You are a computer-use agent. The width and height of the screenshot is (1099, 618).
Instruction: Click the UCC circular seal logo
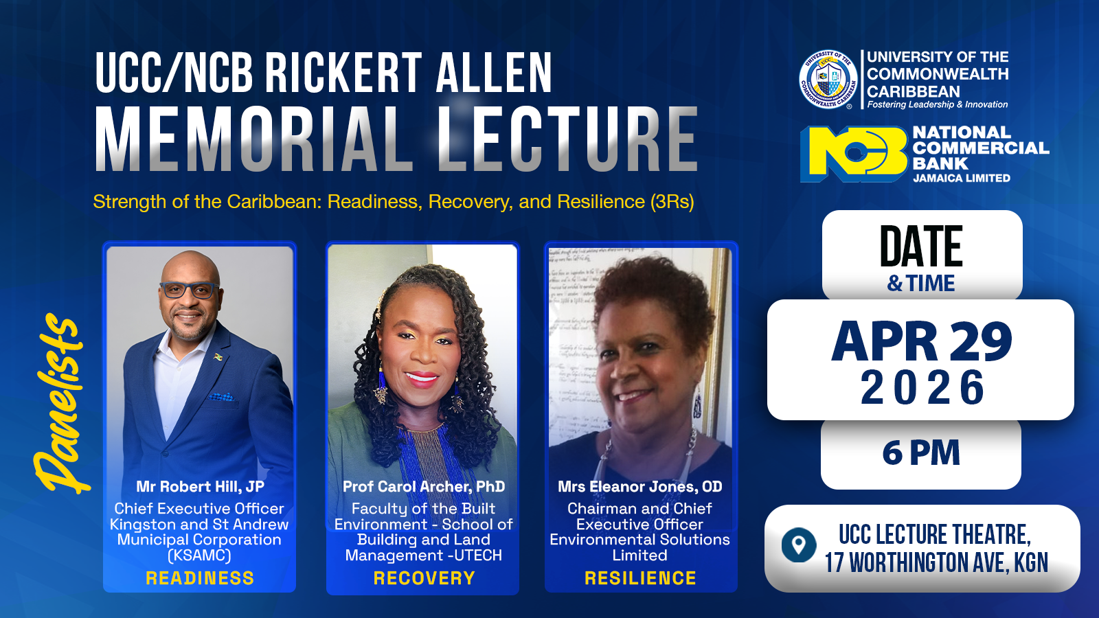click(828, 80)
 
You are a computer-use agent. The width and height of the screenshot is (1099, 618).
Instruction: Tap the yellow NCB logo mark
click(854, 153)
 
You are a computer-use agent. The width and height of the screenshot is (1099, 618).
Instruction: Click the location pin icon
click(798, 545)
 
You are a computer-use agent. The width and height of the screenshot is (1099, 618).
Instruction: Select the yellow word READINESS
click(200, 578)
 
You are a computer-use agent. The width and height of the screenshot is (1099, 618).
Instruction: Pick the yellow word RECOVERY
click(424, 578)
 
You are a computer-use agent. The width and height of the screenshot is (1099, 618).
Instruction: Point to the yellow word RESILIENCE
click(640, 578)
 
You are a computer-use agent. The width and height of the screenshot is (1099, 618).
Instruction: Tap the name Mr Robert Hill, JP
click(200, 487)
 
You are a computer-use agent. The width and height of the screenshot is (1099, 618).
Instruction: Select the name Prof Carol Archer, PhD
click(424, 487)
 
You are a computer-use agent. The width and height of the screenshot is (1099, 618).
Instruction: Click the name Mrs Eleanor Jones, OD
click(640, 487)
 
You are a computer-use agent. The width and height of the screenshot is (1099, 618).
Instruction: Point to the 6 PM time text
click(921, 453)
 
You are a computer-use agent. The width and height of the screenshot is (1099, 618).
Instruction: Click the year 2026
click(922, 387)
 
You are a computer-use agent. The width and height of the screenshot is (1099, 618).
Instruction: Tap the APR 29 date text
click(922, 341)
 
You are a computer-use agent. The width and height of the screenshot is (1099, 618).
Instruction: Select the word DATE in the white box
click(921, 247)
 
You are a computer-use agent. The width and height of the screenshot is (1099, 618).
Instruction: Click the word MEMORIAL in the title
click(254, 139)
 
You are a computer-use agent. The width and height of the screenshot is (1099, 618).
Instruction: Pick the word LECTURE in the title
click(567, 139)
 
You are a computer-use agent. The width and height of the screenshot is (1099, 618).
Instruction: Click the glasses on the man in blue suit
click(189, 290)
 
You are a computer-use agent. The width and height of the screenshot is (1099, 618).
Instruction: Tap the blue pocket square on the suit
click(221, 397)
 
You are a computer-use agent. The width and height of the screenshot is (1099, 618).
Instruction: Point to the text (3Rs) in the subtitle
click(672, 202)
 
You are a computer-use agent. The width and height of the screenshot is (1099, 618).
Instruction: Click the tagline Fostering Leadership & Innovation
click(938, 105)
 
